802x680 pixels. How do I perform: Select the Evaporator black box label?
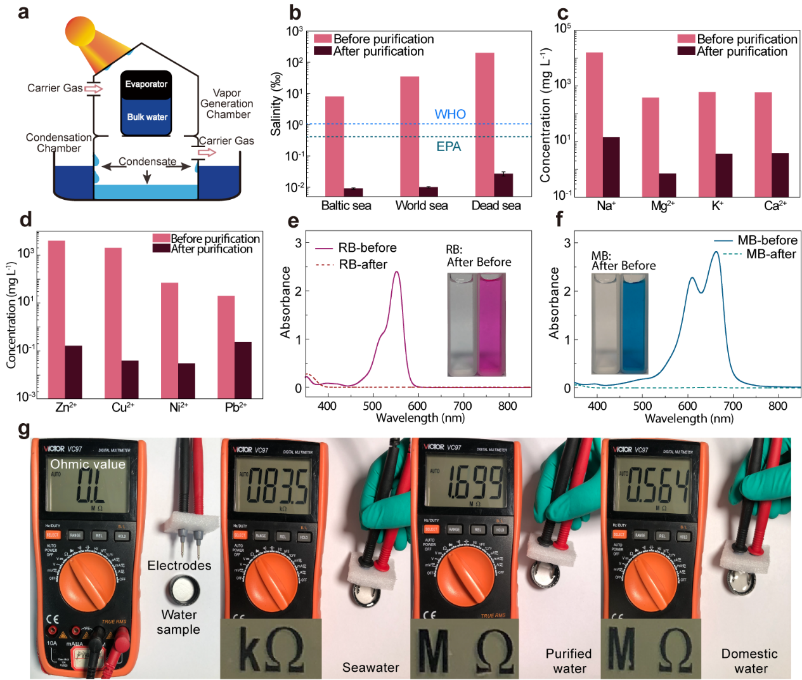pyautogui.click(x=146, y=84)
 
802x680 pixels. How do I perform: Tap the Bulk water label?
pyautogui.click(x=147, y=117)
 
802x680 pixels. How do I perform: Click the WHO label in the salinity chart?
pyautogui.click(x=450, y=114)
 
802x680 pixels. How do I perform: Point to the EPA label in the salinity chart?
pyautogui.click(x=449, y=147)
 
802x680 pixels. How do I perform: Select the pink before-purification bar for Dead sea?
pyautogui.click(x=484, y=124)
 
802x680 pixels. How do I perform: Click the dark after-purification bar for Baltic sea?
pyautogui.click(x=353, y=192)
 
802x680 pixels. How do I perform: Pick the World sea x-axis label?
pyautogui.click(x=422, y=206)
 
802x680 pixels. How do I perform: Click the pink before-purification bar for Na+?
pyautogui.click(x=594, y=124)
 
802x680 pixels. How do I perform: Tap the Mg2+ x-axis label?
pyautogui.click(x=663, y=206)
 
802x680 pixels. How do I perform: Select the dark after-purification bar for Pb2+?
pyautogui.click(x=243, y=370)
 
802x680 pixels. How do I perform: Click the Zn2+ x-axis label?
pyautogui.click(x=66, y=407)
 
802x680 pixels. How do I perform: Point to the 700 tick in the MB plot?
pyautogui.click(x=733, y=406)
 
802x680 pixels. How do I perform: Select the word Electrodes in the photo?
pyautogui.click(x=179, y=565)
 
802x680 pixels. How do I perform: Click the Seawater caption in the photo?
pyautogui.click(x=371, y=667)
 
